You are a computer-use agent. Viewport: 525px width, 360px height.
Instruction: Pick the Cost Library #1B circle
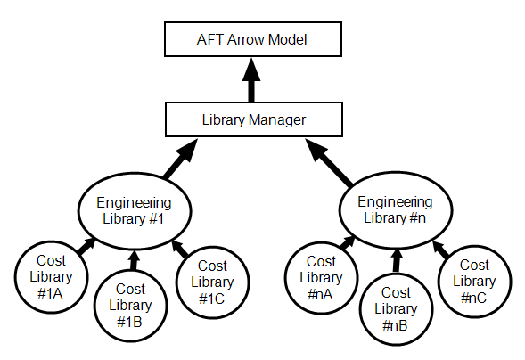[x=130, y=306]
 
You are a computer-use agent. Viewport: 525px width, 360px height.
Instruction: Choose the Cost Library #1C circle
[x=212, y=281]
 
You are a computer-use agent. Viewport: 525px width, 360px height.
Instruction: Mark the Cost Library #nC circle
[x=473, y=280]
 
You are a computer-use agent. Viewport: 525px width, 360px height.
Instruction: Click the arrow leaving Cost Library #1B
[x=133, y=260]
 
